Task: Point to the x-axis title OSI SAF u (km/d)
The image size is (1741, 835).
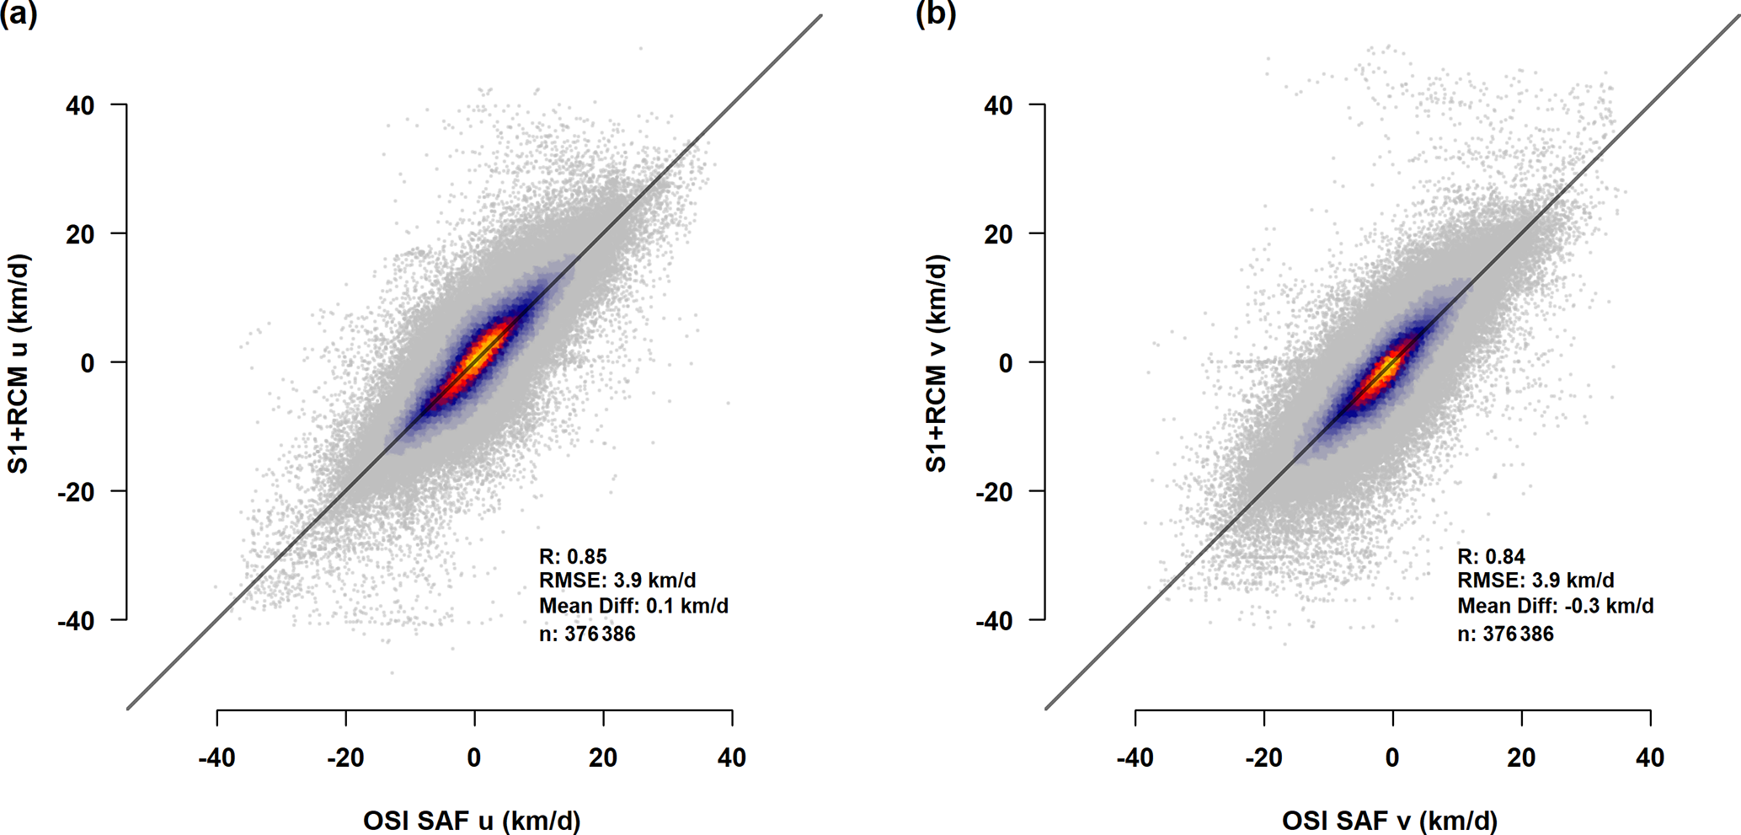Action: [472, 821]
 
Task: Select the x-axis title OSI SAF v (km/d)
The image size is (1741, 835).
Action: [1390, 821]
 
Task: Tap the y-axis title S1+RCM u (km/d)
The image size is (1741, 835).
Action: [19, 363]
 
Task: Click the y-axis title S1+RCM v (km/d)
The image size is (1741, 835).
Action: [937, 363]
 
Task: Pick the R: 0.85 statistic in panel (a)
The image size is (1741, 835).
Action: [573, 557]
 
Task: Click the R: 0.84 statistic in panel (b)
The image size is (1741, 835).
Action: [1491, 557]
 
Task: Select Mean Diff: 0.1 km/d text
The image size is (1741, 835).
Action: [633, 607]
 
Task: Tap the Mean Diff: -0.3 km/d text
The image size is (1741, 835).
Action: [1555, 607]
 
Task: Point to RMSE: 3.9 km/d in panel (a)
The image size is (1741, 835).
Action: [617, 581]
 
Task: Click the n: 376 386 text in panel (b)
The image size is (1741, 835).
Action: [1505, 634]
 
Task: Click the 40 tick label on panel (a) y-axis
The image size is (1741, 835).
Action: [80, 106]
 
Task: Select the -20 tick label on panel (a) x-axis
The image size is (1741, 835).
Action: [345, 758]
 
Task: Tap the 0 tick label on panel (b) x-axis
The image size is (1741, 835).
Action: [1392, 758]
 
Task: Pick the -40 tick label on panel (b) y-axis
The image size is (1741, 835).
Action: [994, 622]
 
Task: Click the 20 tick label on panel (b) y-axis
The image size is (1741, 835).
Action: [998, 234]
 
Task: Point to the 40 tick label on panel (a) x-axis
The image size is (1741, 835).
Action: [732, 758]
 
